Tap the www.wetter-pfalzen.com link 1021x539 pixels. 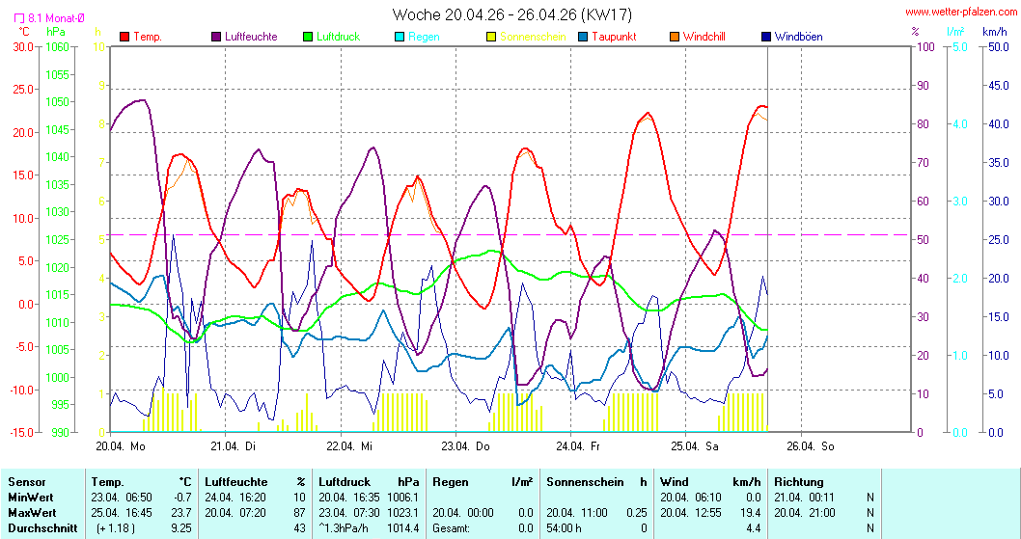[x=961, y=12]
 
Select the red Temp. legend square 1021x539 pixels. [x=125, y=37]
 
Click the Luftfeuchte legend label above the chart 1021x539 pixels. [x=250, y=37]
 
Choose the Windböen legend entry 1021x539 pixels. [x=797, y=37]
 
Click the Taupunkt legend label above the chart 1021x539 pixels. [x=614, y=37]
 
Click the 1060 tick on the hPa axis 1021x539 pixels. [x=57, y=46]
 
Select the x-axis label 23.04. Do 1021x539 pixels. [x=465, y=446]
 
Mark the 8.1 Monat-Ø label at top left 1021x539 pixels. [x=38, y=17]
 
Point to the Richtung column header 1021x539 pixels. [x=798, y=481]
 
